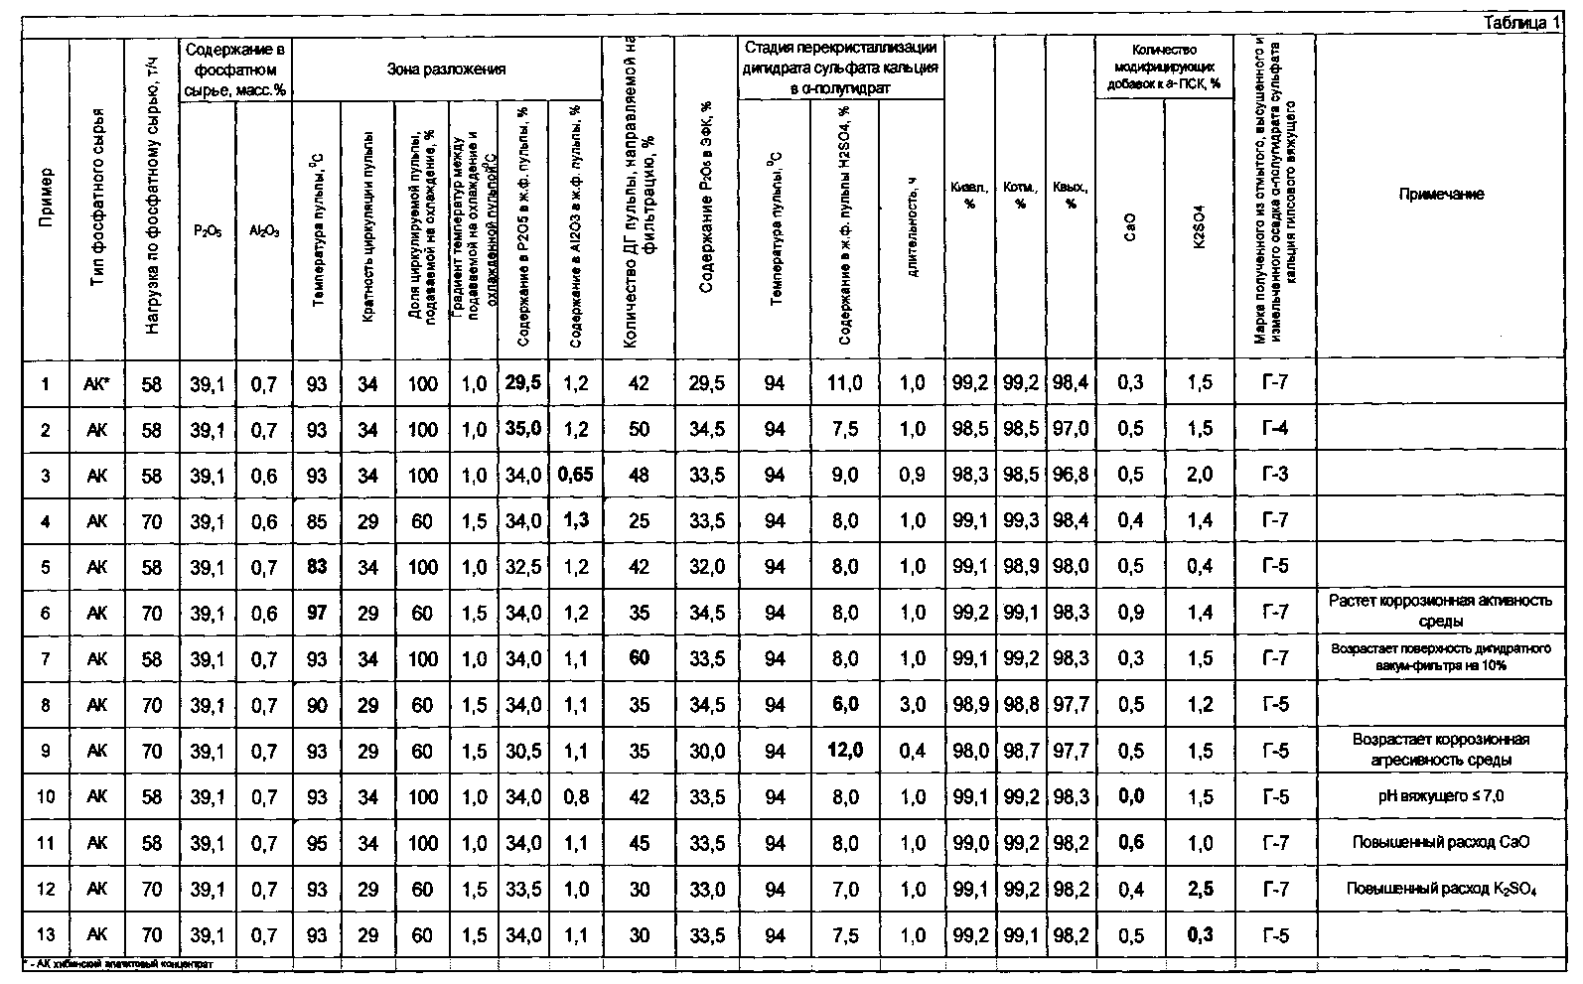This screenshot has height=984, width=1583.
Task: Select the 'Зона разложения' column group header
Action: pos(446,70)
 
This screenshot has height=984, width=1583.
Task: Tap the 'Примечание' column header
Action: pos(1441,195)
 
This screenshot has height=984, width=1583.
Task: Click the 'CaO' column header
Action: pos(1130,227)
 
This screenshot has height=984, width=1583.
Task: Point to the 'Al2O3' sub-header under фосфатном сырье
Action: pos(264,230)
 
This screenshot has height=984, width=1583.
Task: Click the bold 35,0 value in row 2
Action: pos(522,429)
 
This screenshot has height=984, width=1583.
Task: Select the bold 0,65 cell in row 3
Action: pos(576,475)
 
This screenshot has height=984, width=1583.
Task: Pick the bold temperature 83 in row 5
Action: pos(317,567)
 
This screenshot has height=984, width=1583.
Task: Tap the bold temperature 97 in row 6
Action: pos(317,613)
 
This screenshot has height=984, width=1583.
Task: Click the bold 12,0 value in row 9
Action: pos(844,751)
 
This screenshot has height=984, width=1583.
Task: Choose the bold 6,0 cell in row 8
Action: pos(844,705)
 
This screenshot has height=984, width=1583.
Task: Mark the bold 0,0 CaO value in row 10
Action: pos(1130,796)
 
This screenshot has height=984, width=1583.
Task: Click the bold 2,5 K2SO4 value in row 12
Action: pos(1200,889)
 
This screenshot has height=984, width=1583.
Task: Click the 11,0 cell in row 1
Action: pos(844,383)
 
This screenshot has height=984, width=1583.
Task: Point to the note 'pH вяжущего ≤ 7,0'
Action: pos(1441,796)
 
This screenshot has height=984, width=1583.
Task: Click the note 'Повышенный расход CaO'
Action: pos(1441,843)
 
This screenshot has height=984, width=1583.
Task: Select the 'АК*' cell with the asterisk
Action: pos(96,383)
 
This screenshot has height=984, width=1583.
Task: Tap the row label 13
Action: pos(45,934)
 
